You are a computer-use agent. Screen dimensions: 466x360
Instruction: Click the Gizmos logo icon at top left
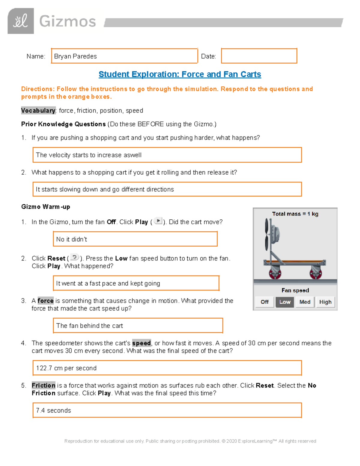(21, 21)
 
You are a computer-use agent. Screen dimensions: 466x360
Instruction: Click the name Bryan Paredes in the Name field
(75, 56)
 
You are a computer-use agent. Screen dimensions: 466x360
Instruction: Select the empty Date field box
(259, 56)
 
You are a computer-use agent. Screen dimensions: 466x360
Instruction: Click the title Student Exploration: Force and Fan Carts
(180, 74)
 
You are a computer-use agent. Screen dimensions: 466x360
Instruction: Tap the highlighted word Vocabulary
(38, 110)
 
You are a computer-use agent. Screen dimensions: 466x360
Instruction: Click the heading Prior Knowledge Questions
(63, 124)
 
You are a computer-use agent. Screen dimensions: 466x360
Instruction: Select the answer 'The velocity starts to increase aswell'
(88, 155)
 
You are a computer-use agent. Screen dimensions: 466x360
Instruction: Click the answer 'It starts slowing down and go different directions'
(105, 189)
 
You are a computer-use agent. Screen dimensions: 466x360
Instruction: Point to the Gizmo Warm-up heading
(46, 207)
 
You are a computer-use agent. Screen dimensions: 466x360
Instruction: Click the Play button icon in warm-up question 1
(158, 221)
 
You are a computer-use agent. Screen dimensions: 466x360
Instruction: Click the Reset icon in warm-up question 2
(74, 257)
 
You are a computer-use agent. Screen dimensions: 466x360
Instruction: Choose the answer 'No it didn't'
(71, 239)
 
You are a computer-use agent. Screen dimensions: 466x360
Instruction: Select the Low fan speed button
(285, 302)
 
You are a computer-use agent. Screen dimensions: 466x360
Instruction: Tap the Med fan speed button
(305, 302)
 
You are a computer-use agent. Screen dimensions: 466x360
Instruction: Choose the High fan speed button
(325, 302)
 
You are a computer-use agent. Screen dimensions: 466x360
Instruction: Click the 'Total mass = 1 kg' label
(295, 214)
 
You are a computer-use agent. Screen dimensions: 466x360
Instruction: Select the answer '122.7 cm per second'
(66, 368)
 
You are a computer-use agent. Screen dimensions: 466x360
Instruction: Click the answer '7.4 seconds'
(53, 410)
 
